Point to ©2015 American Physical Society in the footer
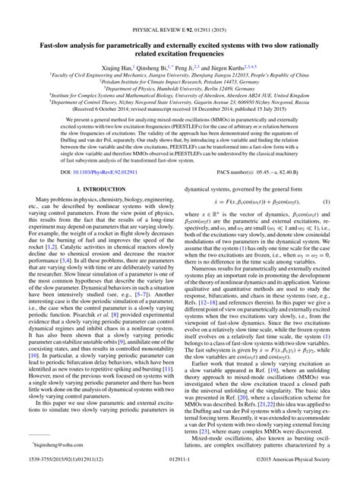click(x=302, y=472)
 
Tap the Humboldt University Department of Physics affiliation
click(x=180, y=90)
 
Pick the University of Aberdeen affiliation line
click(x=180, y=96)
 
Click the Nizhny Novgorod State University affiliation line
click(x=180, y=103)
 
